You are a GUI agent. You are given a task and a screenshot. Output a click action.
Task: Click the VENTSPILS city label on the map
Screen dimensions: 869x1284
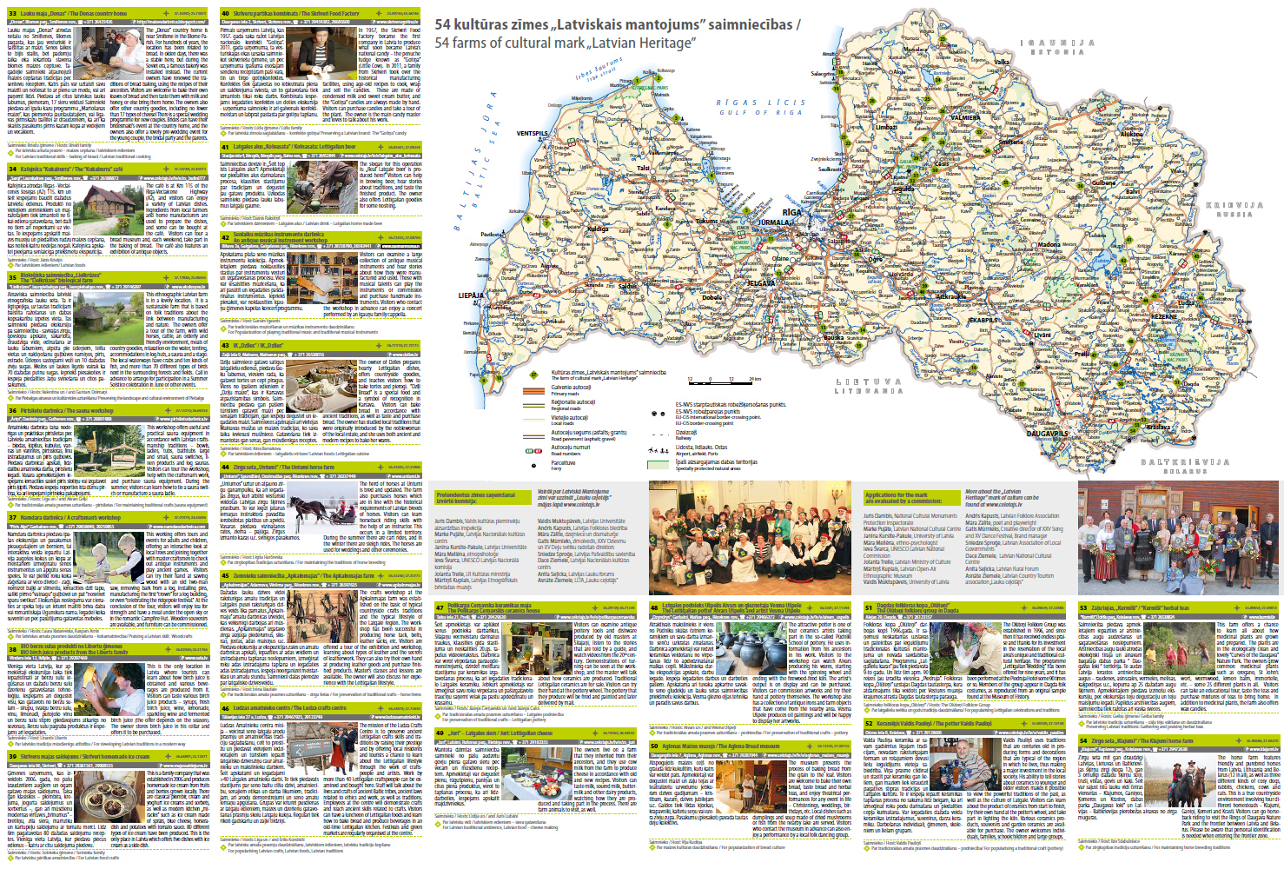click(x=533, y=134)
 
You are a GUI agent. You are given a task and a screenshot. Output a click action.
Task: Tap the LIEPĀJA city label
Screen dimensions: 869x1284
click(x=471, y=295)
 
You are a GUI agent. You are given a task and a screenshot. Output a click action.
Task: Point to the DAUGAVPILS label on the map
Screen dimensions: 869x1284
click(x=1048, y=433)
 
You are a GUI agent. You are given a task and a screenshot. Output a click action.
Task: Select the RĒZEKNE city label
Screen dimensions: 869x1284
click(x=1165, y=316)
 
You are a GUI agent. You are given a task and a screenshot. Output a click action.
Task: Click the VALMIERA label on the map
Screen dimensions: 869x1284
click(x=965, y=117)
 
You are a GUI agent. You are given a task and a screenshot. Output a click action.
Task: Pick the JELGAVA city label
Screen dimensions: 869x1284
click(x=761, y=283)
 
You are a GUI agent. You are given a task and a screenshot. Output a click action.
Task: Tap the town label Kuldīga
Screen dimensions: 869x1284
click(x=598, y=229)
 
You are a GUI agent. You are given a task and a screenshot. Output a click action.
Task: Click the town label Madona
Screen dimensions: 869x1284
click(x=1049, y=245)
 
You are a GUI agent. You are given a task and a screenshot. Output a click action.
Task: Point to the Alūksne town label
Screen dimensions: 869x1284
click(x=1132, y=135)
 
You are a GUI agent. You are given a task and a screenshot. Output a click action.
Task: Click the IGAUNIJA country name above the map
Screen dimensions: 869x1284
click(x=1056, y=43)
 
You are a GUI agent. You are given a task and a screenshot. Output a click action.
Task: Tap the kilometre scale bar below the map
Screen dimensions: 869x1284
click(x=723, y=381)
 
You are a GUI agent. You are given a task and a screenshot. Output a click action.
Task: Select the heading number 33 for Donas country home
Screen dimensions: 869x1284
click(x=13, y=14)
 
